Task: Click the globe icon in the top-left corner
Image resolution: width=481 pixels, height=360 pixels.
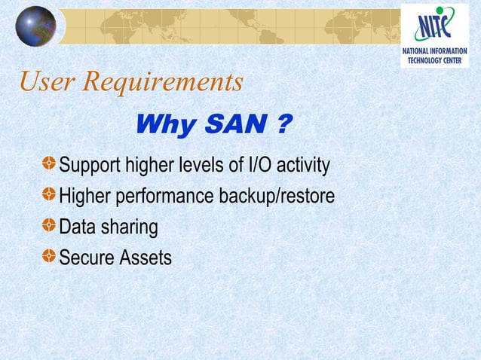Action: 35,26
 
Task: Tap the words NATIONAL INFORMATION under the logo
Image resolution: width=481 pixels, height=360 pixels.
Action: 437,51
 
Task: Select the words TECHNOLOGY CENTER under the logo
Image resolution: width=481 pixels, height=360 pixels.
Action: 437,60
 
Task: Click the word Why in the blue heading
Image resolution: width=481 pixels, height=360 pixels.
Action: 164,125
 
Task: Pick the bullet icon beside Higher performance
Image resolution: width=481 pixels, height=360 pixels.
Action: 49,194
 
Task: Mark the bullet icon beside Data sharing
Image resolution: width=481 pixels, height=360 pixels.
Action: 49,225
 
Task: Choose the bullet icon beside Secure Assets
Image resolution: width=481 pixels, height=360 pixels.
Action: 49,256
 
